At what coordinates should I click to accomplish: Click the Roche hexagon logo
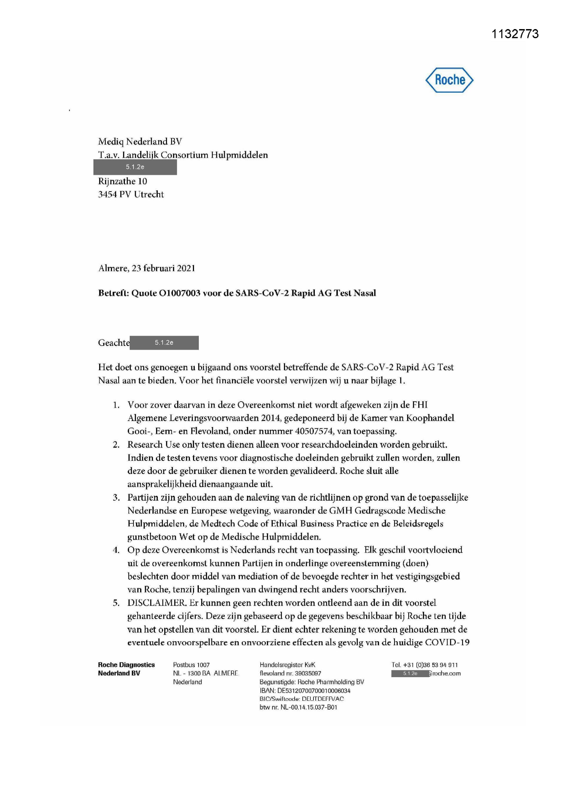449,80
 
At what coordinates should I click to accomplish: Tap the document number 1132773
515,34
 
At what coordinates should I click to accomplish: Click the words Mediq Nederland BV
140,141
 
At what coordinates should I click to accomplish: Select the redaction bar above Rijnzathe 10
135,167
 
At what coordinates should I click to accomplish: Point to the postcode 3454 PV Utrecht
131,194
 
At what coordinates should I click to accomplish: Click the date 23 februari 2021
163,268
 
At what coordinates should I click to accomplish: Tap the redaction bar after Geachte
164,343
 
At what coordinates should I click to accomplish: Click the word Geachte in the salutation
114,343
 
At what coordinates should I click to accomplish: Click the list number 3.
116,498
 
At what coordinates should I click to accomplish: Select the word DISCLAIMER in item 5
157,603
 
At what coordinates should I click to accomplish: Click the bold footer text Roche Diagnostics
126,665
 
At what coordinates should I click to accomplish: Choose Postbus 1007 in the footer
191,665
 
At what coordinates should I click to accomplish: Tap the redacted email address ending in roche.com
426,673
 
